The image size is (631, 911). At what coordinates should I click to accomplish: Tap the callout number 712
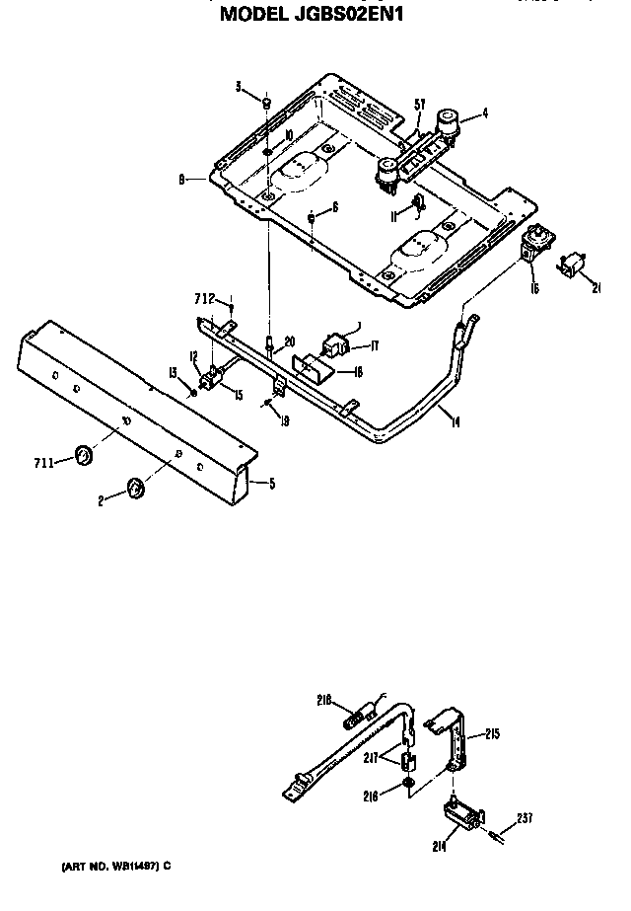point(203,297)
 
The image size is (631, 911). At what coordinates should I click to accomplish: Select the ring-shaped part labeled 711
point(86,455)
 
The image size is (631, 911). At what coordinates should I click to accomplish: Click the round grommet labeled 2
point(134,489)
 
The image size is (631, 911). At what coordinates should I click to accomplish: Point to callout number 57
point(420,105)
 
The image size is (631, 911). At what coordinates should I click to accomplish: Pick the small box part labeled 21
point(573,265)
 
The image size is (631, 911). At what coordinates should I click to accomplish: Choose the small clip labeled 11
point(417,204)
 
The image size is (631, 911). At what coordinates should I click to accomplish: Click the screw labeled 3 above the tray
point(267,102)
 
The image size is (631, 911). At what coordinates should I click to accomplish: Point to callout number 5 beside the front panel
point(272,483)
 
